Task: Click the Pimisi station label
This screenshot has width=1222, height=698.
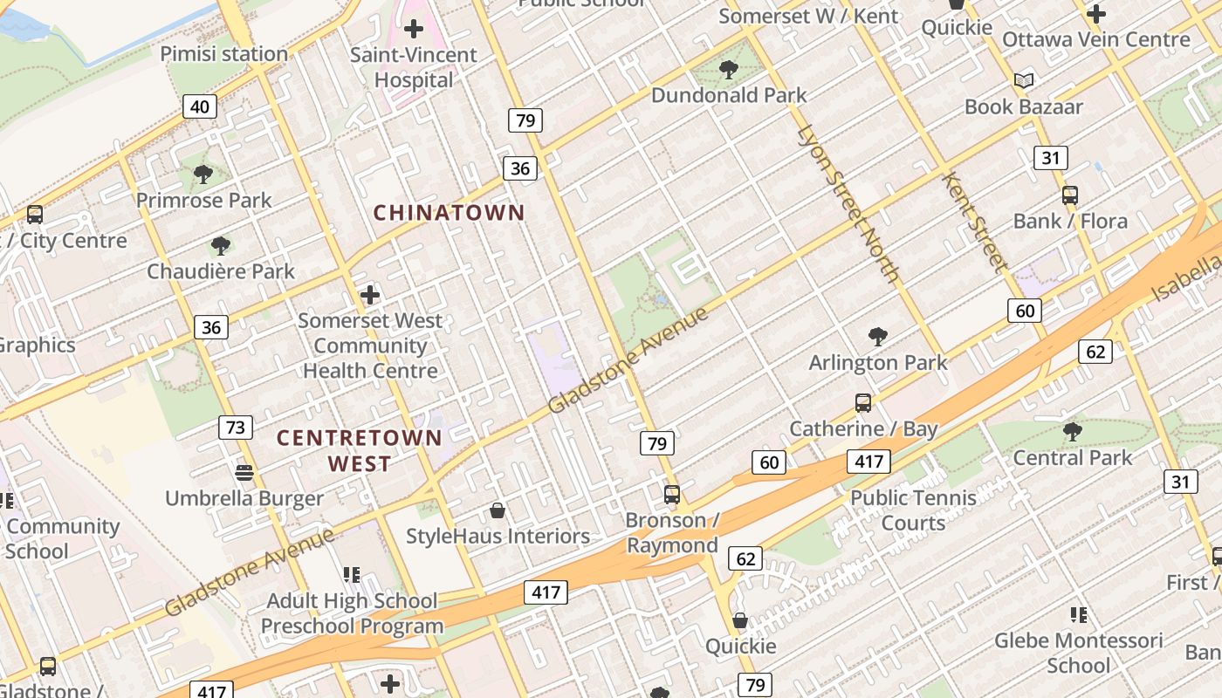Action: pyautogui.click(x=223, y=54)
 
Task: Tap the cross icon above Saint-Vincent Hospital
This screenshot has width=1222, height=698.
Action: pyautogui.click(x=414, y=29)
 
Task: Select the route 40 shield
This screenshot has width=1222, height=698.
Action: pyautogui.click(x=200, y=106)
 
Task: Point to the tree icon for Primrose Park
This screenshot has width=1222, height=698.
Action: pyautogui.click(x=203, y=174)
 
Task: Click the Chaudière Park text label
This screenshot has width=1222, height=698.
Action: pyautogui.click(x=221, y=271)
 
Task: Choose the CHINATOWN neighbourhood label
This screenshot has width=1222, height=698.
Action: pyautogui.click(x=450, y=213)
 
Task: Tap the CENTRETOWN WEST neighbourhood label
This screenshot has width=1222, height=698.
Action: pyautogui.click(x=360, y=450)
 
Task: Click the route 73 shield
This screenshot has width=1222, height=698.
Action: pyautogui.click(x=235, y=428)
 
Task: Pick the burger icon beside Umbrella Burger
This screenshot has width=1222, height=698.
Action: pyautogui.click(x=244, y=472)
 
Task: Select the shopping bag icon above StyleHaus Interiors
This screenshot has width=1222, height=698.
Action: pyautogui.click(x=498, y=510)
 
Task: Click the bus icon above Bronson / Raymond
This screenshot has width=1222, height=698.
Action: pyautogui.click(x=671, y=495)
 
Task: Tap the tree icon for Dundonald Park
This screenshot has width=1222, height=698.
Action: pyautogui.click(x=728, y=70)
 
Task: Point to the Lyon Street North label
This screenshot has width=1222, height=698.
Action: pyautogui.click(x=848, y=205)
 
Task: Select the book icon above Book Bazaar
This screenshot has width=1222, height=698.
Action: pyautogui.click(x=1023, y=81)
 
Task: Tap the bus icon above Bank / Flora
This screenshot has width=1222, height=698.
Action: pyautogui.click(x=1069, y=195)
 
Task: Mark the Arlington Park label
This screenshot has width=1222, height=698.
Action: pyautogui.click(x=878, y=362)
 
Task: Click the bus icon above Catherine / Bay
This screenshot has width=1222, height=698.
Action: pyautogui.click(x=863, y=403)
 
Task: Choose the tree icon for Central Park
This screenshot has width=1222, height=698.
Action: pyautogui.click(x=1072, y=432)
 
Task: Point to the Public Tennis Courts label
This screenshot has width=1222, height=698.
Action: pyautogui.click(x=913, y=510)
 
